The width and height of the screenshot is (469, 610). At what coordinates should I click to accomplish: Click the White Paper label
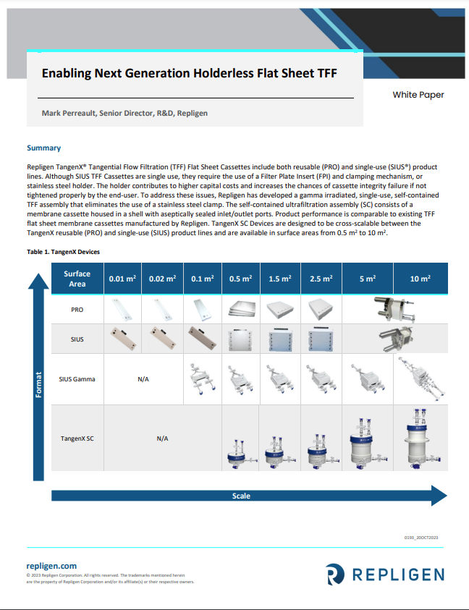[418, 95]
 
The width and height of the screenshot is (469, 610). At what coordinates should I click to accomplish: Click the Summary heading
[43, 148]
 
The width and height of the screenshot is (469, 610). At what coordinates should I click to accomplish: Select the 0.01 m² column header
[122, 279]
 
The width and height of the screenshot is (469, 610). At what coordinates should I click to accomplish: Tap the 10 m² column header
[420, 279]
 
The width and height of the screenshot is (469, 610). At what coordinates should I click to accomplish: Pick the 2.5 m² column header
[321, 279]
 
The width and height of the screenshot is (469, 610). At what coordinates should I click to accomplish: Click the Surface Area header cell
[77, 279]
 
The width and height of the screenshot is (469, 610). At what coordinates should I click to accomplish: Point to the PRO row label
[77, 310]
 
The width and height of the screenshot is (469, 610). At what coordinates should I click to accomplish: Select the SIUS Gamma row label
[77, 378]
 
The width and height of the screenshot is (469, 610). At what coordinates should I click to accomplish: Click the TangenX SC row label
[77, 439]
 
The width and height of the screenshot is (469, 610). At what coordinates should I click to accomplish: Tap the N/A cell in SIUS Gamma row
[143, 378]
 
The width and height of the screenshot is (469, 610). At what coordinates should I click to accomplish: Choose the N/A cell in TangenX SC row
[162, 439]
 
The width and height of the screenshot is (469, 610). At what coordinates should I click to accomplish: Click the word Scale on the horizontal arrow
[241, 496]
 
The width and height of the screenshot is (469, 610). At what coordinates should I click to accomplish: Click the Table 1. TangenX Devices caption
[64, 252]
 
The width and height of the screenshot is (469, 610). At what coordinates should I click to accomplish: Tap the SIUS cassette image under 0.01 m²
[122, 337]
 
